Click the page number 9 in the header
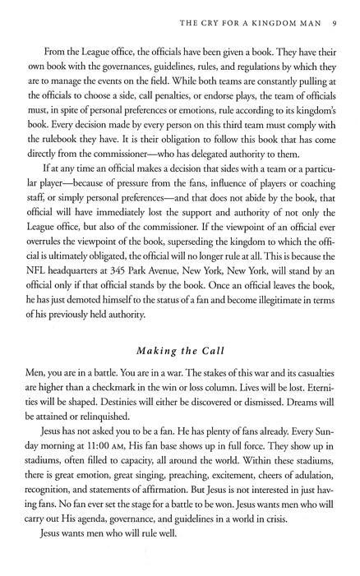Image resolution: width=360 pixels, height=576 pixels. pos(327,21)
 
